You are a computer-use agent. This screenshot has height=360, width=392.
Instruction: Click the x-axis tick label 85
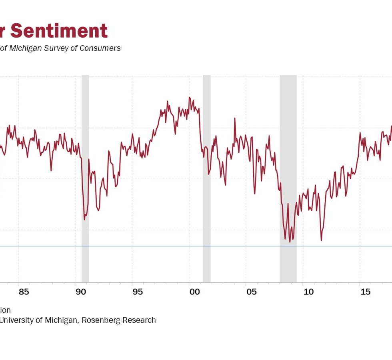point(24,292)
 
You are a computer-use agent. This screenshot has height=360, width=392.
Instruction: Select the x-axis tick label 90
point(81,292)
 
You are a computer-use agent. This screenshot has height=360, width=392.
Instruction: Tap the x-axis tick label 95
point(138,292)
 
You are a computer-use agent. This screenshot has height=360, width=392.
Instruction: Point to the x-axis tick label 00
point(194,292)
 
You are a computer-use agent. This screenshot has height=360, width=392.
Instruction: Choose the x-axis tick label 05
point(251,292)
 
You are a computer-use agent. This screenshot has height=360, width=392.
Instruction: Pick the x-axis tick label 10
point(308,292)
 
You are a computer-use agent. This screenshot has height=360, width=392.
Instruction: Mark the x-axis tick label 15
point(365,292)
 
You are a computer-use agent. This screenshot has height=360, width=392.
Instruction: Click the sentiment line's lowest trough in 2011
point(321,240)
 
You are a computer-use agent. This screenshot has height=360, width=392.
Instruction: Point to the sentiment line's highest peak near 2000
point(189,97)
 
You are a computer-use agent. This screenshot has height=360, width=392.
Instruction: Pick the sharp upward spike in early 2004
point(235,118)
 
